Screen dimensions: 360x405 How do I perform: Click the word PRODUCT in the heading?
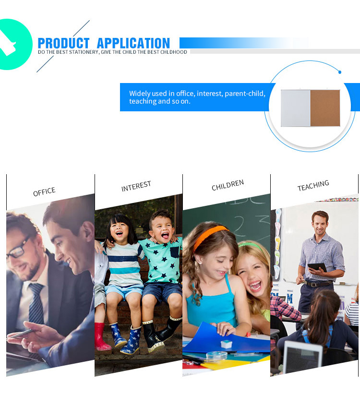pyautogui.click(x=63, y=43)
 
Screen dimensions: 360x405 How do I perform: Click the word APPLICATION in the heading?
pyautogui.click(x=133, y=43)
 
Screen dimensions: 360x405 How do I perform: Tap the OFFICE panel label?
pyautogui.click(x=44, y=191)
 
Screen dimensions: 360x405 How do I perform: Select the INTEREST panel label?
pyautogui.click(x=136, y=186)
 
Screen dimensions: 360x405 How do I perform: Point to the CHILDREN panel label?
pyautogui.click(x=228, y=185)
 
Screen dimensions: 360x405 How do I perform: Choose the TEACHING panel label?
pyautogui.click(x=313, y=185)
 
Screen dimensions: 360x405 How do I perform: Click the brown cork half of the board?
pyautogui.click(x=325, y=108)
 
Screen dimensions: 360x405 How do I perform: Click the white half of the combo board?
pyautogui.click(x=296, y=108)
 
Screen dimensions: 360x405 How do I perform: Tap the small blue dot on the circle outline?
pyautogui.click(x=340, y=72)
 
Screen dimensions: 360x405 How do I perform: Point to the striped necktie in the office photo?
pyautogui.click(x=36, y=303)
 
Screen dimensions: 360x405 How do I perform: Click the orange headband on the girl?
pyautogui.click(x=210, y=237)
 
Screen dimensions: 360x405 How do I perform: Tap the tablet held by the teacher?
pyautogui.click(x=317, y=267)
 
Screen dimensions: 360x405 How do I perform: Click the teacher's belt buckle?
pyautogui.click(x=314, y=285)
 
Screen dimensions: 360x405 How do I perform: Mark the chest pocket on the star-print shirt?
pyautogui.click(x=175, y=252)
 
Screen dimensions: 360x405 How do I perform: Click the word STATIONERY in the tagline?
pyautogui.click(x=84, y=52)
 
